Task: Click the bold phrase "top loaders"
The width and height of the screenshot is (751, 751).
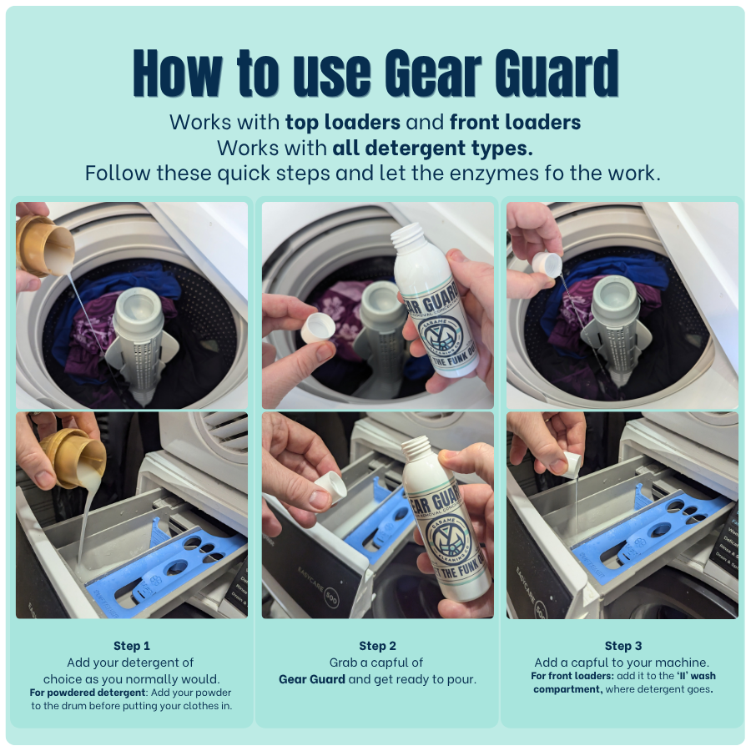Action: [342, 122]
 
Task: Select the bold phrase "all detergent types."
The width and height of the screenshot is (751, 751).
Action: [432, 148]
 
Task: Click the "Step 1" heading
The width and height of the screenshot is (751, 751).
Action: [132, 646]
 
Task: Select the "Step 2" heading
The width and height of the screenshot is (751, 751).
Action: [377, 646]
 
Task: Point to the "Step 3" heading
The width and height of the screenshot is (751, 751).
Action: [622, 646]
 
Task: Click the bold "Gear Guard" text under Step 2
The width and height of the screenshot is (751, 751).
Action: [312, 679]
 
